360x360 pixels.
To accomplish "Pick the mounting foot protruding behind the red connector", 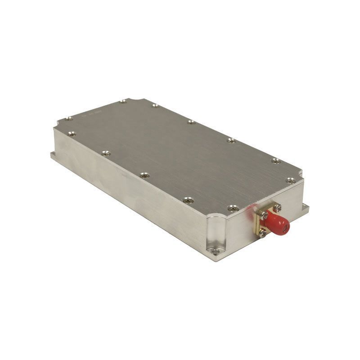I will coord(306,207).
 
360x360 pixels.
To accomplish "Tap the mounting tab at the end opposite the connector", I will coord(53,155).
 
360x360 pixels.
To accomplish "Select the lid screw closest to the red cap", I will coord(232,208).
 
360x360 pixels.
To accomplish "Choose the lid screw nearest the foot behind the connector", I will coord(291,180).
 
